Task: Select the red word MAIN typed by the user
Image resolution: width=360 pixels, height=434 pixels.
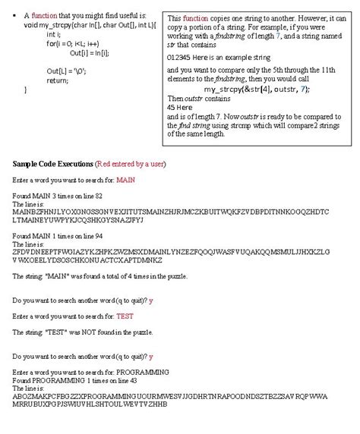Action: [125, 180]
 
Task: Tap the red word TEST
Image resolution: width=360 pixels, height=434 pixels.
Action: [125, 316]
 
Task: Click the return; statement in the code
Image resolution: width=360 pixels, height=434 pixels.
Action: [57, 80]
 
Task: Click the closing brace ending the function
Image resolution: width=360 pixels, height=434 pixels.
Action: [27, 89]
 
